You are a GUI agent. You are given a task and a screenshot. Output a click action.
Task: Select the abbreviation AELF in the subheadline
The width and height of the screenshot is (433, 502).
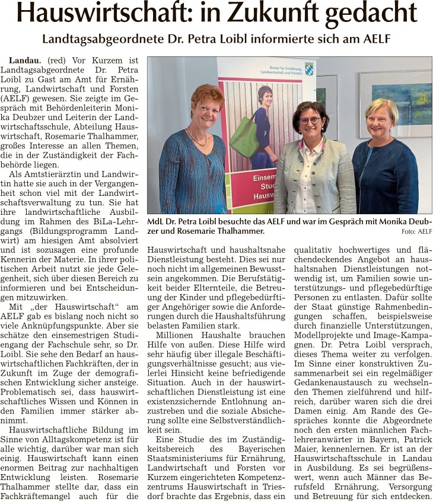tap(372, 39)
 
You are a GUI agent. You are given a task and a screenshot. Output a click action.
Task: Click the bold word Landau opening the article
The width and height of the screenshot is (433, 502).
tap(23, 61)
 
